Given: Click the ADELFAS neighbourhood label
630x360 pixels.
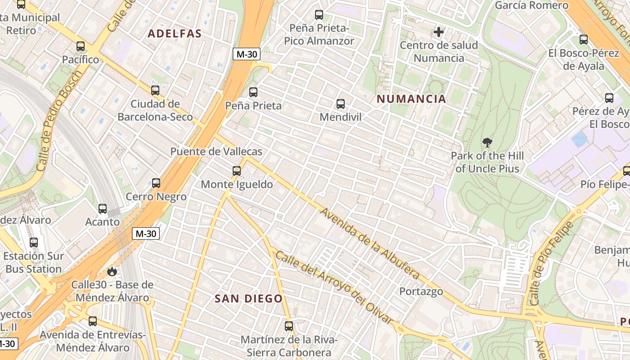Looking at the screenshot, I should (x=175, y=34).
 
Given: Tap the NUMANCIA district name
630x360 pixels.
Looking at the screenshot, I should (x=411, y=99).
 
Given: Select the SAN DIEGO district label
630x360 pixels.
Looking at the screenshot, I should (x=248, y=298).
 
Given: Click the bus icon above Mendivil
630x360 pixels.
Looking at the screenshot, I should (x=341, y=104).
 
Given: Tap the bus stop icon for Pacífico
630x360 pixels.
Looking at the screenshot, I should (x=81, y=46).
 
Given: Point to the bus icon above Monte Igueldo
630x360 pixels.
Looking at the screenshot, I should (x=237, y=171).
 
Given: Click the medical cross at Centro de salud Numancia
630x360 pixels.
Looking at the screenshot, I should (x=439, y=32).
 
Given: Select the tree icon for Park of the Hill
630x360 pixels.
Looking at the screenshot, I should (x=487, y=143).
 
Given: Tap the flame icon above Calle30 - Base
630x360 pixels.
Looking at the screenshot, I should (x=112, y=271).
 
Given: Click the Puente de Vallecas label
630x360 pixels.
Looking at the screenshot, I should (x=216, y=152).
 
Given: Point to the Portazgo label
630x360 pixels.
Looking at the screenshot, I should (x=421, y=291).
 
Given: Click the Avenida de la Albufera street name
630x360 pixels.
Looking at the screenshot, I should (x=370, y=243).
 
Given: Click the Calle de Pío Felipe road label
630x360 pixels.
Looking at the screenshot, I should (x=551, y=263).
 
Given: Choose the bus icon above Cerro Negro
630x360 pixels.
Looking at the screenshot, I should (x=156, y=183).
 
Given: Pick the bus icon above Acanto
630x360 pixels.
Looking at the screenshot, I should (x=103, y=209).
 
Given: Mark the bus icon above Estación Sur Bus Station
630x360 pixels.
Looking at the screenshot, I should (x=34, y=243).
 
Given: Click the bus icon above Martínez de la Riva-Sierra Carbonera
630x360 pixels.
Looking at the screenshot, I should (x=289, y=326).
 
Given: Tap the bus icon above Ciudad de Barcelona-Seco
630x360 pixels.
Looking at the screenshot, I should (x=155, y=90).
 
